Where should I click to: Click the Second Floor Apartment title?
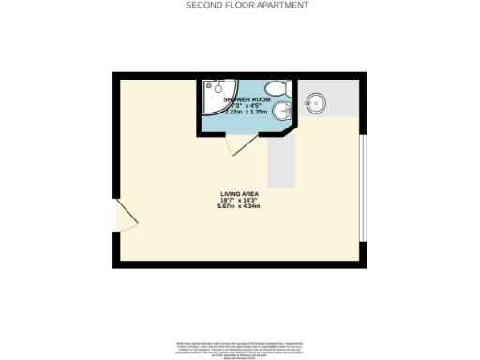[x=247, y=5]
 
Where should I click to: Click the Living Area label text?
[x=239, y=193]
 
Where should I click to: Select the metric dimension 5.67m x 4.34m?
[x=239, y=206]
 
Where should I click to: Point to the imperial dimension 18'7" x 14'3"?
[x=239, y=200]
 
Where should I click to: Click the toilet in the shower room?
[x=275, y=90]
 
